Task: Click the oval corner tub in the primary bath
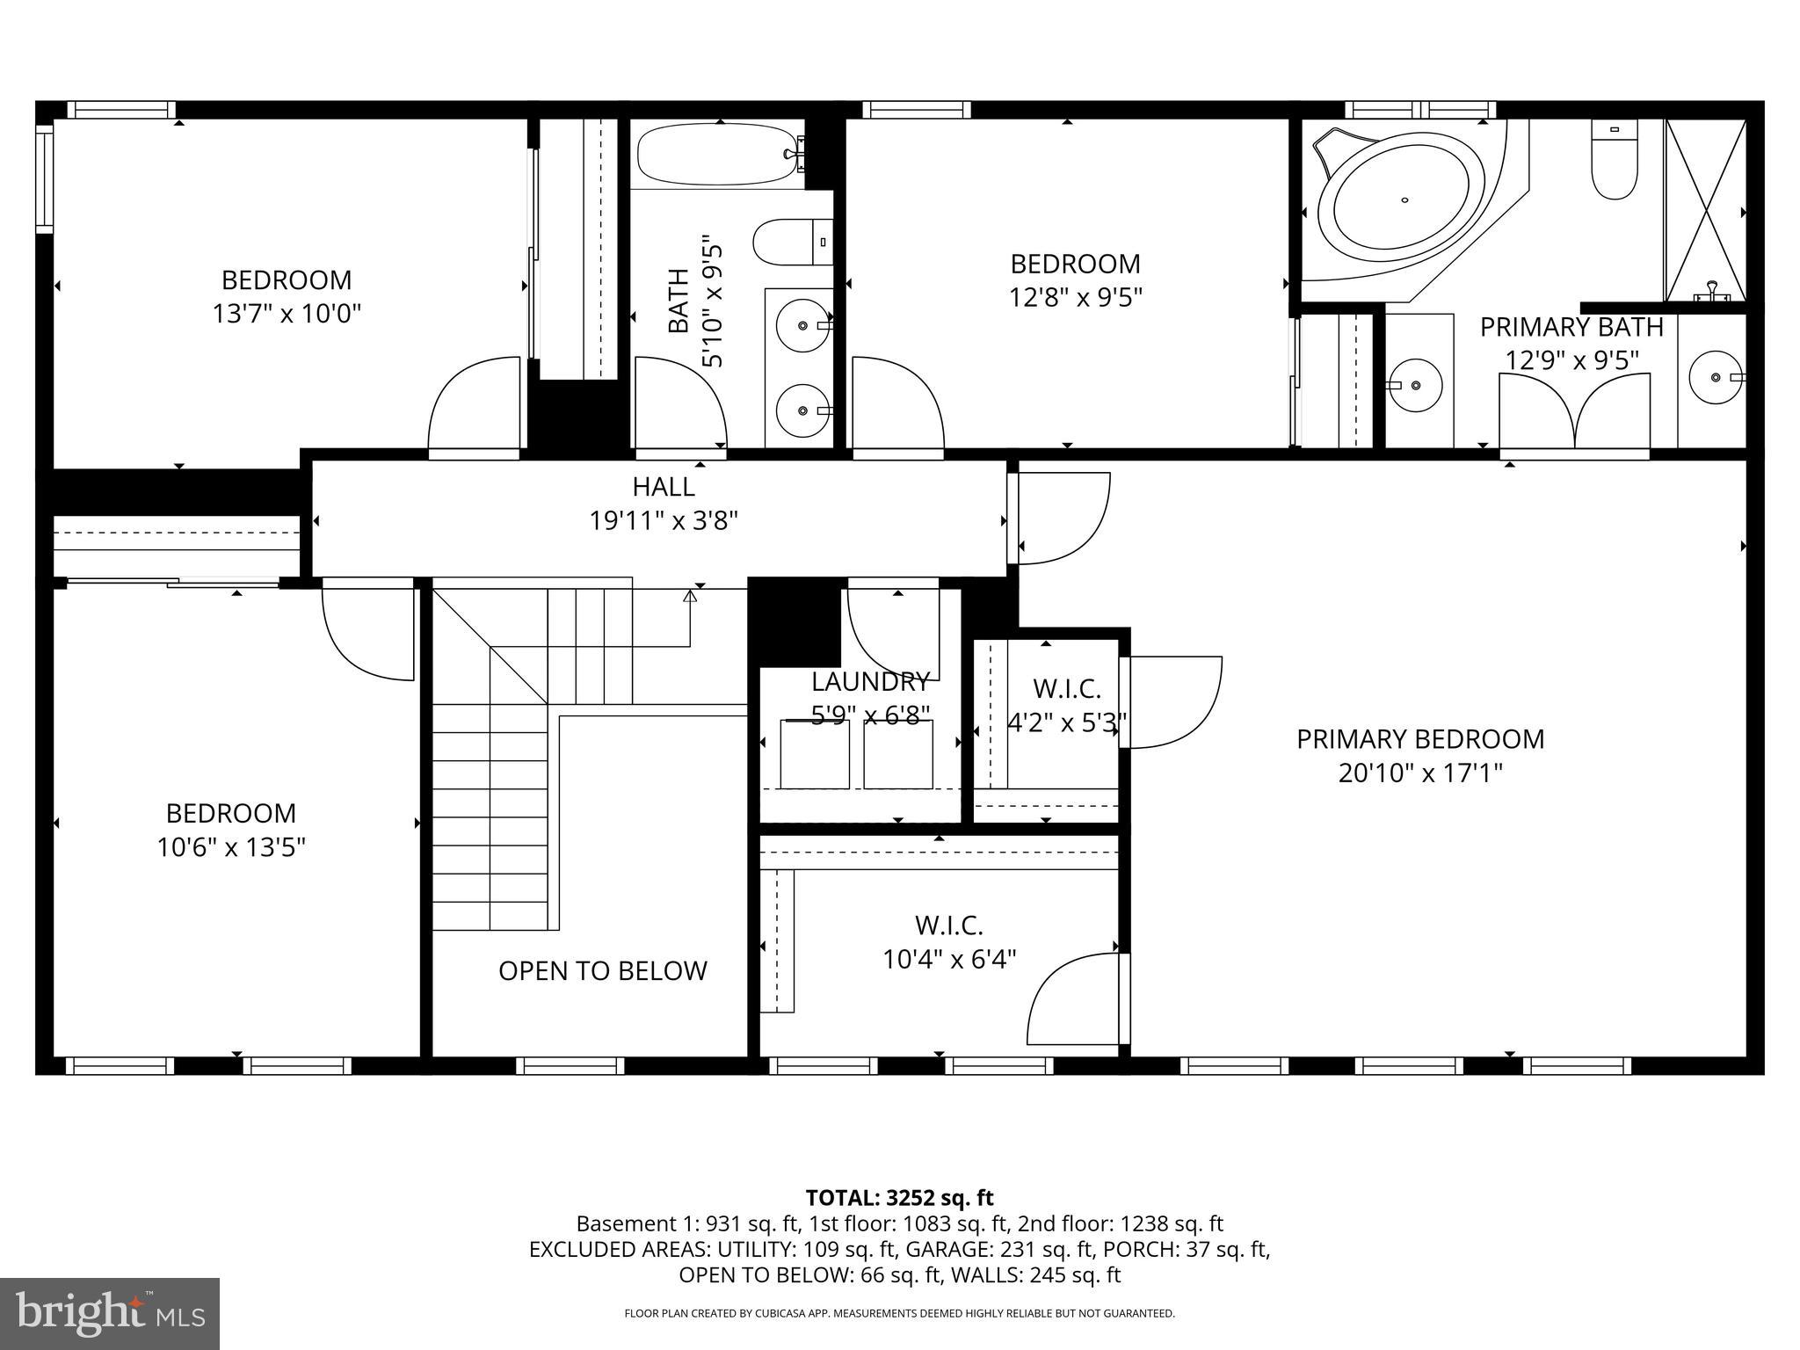coord(1404,205)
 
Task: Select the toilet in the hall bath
coord(791,242)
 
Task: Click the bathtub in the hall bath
coord(719,155)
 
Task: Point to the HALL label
coord(664,486)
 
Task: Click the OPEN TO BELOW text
coord(602,970)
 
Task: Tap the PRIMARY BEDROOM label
coord(1420,739)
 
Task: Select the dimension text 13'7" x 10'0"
coord(287,314)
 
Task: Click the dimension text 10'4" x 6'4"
coord(949,958)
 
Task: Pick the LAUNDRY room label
coord(870,681)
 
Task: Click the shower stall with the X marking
coord(1704,211)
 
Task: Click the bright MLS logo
coord(110,1314)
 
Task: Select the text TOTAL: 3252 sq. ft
coord(899,1198)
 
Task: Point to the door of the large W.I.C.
coord(1077,1000)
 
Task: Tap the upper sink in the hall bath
coord(802,325)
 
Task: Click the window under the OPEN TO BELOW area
coord(570,1066)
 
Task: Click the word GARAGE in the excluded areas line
coord(940,1249)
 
